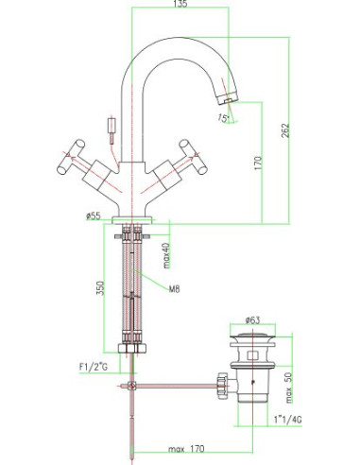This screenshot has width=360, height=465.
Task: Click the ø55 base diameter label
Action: click(93, 216)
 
